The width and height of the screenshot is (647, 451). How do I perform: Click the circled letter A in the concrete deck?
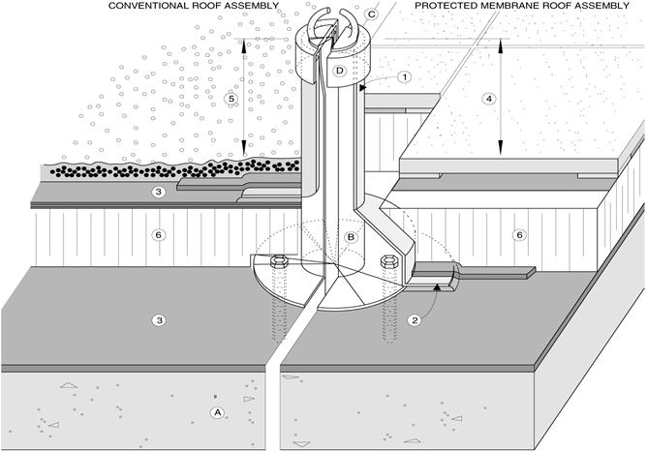217,412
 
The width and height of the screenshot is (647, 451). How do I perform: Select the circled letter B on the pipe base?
351,237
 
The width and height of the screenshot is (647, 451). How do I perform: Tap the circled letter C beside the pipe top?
371,15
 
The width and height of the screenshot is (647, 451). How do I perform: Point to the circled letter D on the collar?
340,71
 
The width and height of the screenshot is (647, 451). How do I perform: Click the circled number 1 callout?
405,77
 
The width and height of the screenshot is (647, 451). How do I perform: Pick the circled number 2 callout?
416,320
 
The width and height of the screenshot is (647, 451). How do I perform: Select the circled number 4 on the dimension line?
489,99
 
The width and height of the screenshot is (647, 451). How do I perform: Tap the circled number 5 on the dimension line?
231,99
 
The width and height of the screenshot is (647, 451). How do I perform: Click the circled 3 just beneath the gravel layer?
159,192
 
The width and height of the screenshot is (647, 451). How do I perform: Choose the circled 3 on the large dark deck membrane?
159,320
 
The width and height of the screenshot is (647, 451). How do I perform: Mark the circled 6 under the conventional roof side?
159,235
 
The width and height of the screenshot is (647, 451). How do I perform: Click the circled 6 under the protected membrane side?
519,235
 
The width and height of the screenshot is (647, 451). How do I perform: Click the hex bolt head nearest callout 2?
388,260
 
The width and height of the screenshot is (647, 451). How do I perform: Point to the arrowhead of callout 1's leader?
362,88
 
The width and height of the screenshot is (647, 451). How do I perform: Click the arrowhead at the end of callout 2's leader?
437,287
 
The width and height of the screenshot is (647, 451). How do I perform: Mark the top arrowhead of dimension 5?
244,45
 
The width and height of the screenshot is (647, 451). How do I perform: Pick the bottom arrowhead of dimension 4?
501,147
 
